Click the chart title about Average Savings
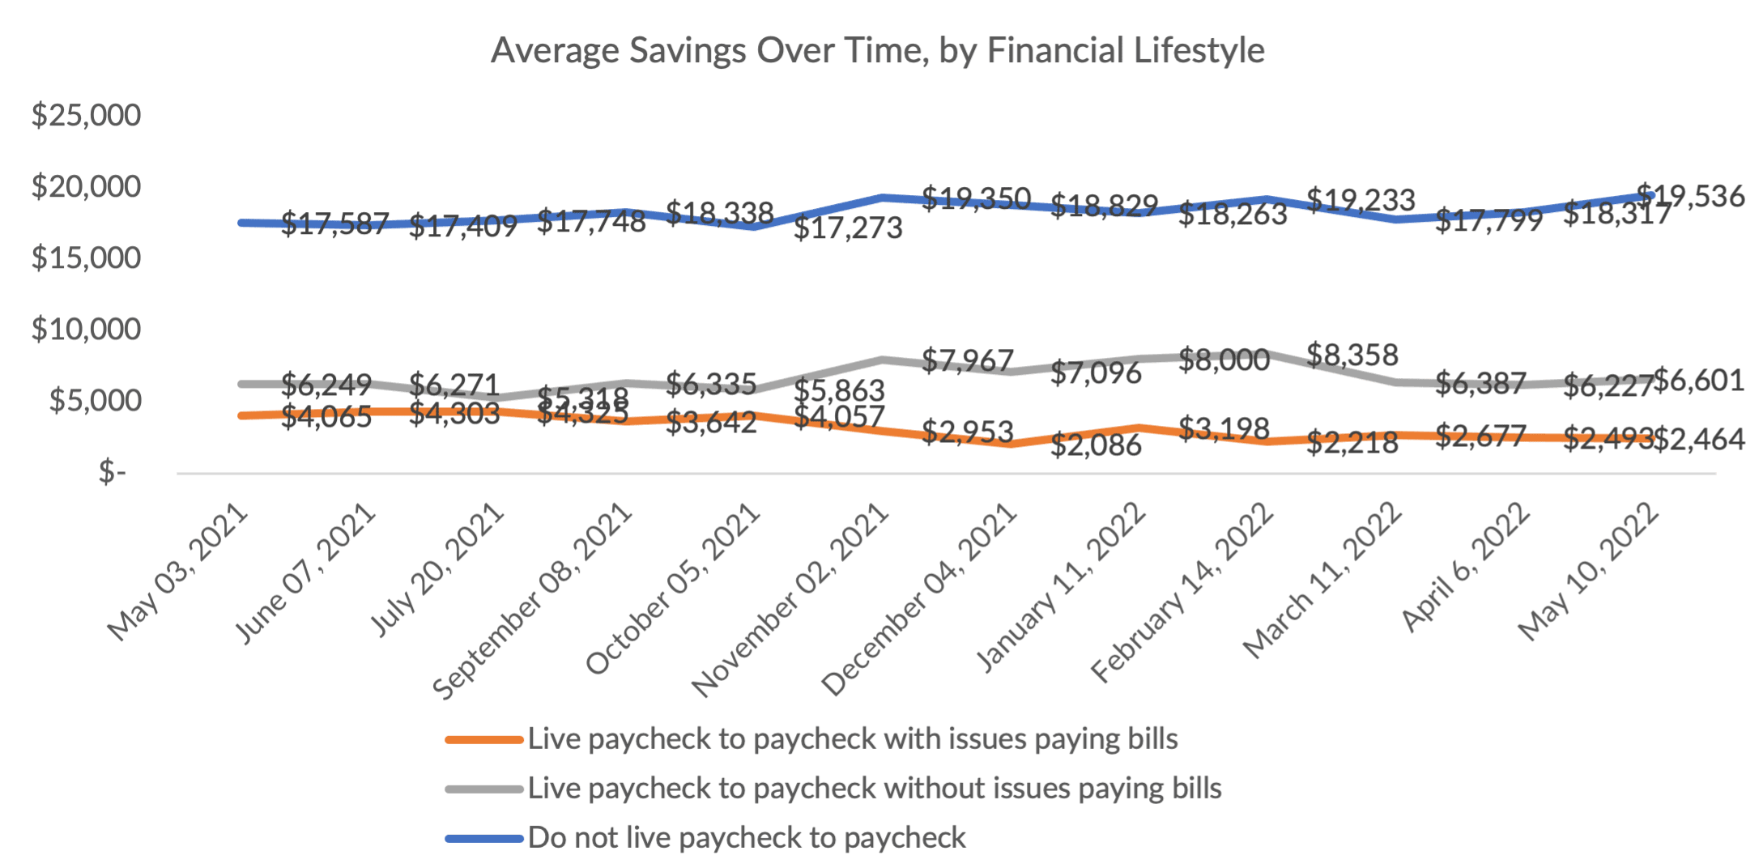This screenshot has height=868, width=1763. click(878, 50)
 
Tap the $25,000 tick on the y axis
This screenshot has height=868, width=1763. click(86, 115)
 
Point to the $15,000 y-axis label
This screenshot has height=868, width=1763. click(86, 257)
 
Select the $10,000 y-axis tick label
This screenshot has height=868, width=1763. click(86, 329)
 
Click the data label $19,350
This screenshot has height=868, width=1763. click(977, 198)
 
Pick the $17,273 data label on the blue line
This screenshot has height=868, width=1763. click(848, 228)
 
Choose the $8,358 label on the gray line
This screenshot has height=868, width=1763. click(1352, 355)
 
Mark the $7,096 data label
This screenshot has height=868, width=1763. click(1096, 373)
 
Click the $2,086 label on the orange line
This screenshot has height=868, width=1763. click(1096, 445)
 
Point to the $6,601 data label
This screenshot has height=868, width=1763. click(1698, 380)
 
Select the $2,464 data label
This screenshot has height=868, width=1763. click(1698, 440)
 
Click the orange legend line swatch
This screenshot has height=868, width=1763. click(484, 739)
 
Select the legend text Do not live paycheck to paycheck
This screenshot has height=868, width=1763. click(747, 837)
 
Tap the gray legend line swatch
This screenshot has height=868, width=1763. click(484, 789)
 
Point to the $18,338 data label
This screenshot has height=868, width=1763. click(720, 213)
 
